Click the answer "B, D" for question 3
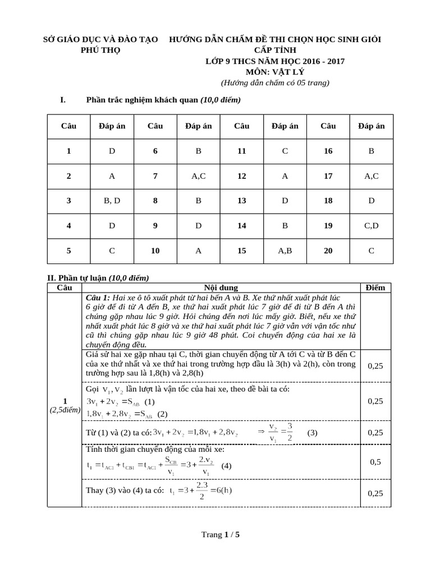pyautogui.click(x=112, y=201)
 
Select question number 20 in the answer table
pyautogui.click(x=328, y=251)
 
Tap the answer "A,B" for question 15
pyautogui.click(x=285, y=251)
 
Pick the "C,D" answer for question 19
pyautogui.click(x=372, y=225)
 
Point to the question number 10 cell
pyautogui.click(x=155, y=251)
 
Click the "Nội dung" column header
pyautogui.click(x=220, y=288)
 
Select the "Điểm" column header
pyautogui.click(x=375, y=288)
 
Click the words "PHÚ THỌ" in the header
pyautogui.click(x=101, y=49)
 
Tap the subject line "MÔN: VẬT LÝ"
pyautogui.click(x=275, y=72)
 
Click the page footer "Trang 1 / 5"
pyautogui.click(x=220, y=534)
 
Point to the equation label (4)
pyautogui.click(x=226, y=466)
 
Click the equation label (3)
pyautogui.click(x=313, y=433)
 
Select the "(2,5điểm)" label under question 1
pyautogui.click(x=65, y=411)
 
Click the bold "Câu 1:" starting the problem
pyautogui.click(x=98, y=297)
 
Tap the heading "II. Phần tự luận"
pyautogui.click(x=76, y=278)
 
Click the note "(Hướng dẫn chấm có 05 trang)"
pyautogui.click(x=275, y=82)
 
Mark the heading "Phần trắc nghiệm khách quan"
pyautogui.click(x=143, y=100)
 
